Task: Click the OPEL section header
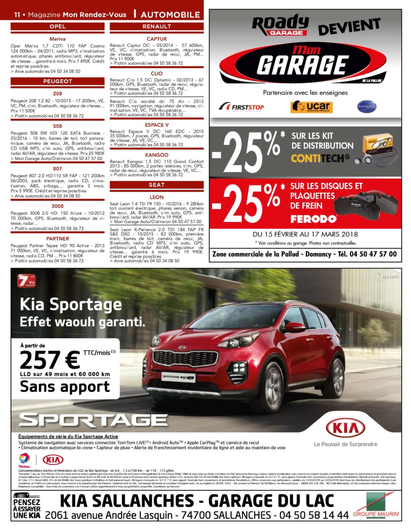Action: (57, 26)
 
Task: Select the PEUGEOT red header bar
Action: (57, 81)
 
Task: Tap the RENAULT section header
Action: (157, 26)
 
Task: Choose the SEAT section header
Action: (157, 185)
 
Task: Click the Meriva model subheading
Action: (57, 39)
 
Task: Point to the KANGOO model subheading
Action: (157, 155)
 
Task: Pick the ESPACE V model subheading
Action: (157, 125)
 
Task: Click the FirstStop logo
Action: (241, 107)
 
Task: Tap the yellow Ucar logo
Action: (311, 107)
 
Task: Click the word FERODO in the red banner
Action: (313, 219)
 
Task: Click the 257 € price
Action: (50, 360)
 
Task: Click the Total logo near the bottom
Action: (24, 460)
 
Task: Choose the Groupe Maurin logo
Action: (376, 507)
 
